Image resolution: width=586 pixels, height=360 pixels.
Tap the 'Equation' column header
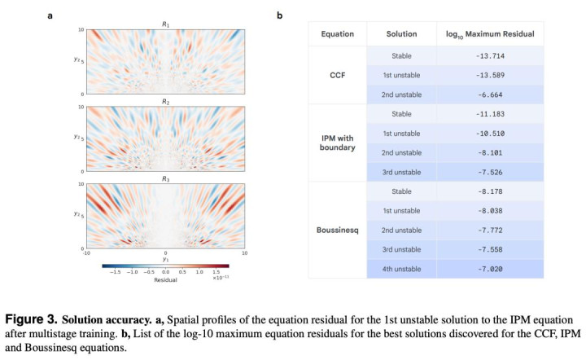337,34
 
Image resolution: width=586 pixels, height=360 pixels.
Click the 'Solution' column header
400,34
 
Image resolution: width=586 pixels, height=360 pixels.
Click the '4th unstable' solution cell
400,267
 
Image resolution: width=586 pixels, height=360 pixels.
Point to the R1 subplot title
165,24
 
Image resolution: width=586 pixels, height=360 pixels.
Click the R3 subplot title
165,178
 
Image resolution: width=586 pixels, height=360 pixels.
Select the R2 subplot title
165,102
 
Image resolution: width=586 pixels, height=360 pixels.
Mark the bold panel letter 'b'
281,14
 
